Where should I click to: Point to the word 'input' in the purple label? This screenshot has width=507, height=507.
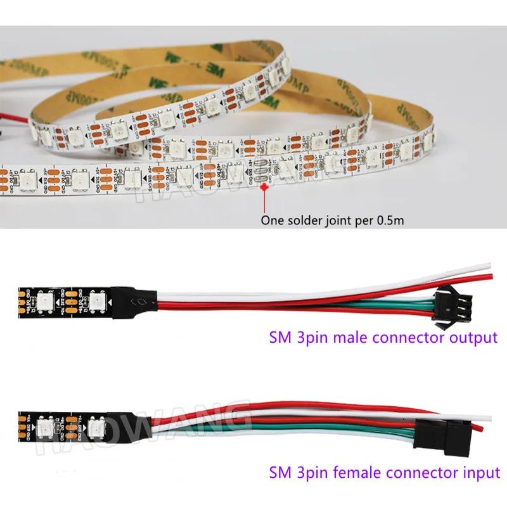click(x=481, y=472)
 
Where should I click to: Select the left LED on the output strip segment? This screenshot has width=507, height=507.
click(x=46, y=298)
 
